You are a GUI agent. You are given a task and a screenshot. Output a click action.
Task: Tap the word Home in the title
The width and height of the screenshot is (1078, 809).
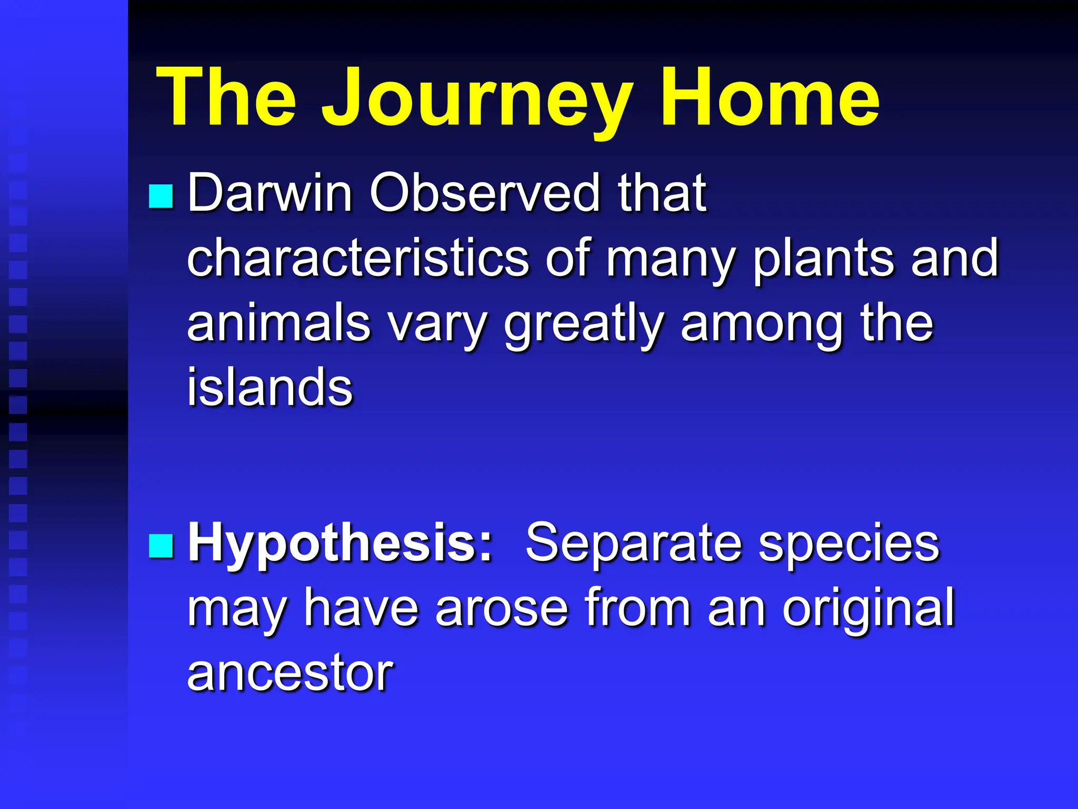point(770,97)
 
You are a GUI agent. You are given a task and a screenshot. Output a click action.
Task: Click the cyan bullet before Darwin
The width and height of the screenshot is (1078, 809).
point(161,196)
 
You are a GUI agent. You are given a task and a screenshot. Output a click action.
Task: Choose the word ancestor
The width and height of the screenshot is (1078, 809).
point(290,674)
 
